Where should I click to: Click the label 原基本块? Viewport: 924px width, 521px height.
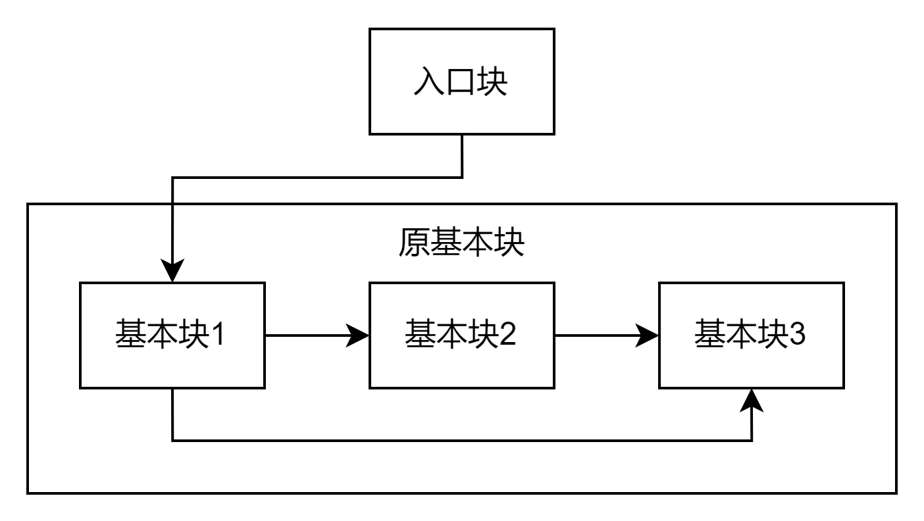(461, 243)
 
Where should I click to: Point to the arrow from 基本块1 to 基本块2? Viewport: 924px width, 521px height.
(309, 335)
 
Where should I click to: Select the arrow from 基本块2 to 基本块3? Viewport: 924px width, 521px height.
(599, 335)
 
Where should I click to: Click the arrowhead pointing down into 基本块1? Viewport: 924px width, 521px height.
(172, 270)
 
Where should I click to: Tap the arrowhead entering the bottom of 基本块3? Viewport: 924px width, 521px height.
(752, 401)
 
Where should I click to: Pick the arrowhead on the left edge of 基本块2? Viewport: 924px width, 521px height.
(358, 335)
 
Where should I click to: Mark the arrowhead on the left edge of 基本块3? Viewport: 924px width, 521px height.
(648, 335)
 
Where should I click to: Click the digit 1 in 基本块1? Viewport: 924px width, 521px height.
(217, 334)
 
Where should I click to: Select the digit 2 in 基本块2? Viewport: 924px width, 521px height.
(507, 334)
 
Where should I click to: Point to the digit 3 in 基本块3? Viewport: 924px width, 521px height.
(797, 334)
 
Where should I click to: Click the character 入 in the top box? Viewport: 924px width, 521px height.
(429, 82)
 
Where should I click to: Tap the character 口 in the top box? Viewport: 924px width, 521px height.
(461, 82)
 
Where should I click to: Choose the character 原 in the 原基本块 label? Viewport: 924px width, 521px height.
(413, 243)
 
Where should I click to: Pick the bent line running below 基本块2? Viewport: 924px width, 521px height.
(461, 440)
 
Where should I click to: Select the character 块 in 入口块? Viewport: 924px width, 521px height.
(492, 82)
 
